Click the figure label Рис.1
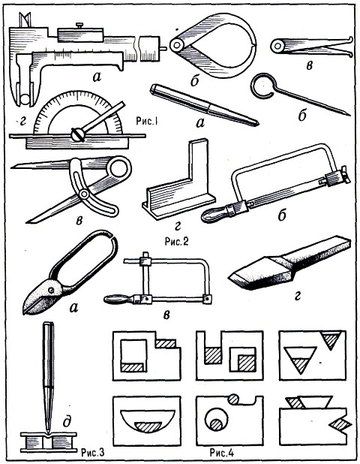click(x=146, y=121)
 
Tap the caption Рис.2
click(x=176, y=242)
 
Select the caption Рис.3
click(x=92, y=452)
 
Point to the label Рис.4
click(x=222, y=453)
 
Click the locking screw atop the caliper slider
click(x=79, y=26)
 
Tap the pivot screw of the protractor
click(x=78, y=134)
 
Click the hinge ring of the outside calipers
click(x=177, y=45)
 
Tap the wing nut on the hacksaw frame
click(x=344, y=175)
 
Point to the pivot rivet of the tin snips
click(x=52, y=291)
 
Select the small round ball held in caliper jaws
click(x=25, y=99)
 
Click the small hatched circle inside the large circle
click(x=216, y=425)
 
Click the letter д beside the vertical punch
click(x=67, y=421)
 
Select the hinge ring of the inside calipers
click(x=278, y=46)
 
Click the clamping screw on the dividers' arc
click(x=84, y=194)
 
